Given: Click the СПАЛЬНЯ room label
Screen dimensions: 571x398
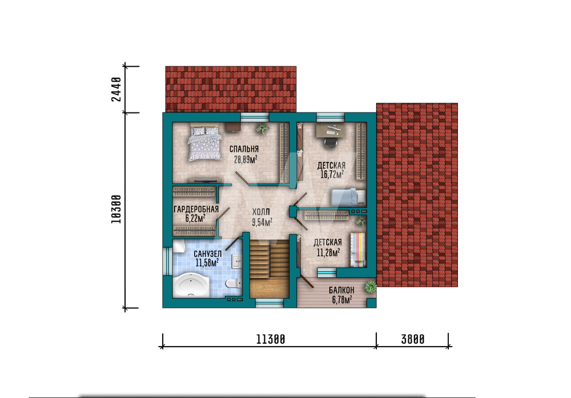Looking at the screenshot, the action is pyautogui.click(x=244, y=149).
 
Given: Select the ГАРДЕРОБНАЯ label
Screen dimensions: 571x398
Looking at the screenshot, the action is pyautogui.click(x=196, y=209).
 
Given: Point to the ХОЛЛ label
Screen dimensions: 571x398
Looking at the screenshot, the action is pyautogui.click(x=261, y=212).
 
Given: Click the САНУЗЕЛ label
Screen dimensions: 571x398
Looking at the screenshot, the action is pyautogui.click(x=208, y=254).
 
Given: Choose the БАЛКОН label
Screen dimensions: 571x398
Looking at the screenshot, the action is pyautogui.click(x=341, y=290).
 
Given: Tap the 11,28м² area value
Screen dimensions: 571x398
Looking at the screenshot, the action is pyautogui.click(x=328, y=252).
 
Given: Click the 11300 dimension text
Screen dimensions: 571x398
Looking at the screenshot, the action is pyautogui.click(x=271, y=339).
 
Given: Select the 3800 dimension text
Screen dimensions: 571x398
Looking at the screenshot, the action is pyautogui.click(x=413, y=339).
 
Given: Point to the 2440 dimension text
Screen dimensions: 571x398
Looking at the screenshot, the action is pyautogui.click(x=116, y=90).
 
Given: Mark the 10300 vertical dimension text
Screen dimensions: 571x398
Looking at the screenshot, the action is pyautogui.click(x=116, y=210).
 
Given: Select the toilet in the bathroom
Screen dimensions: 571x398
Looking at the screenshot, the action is pyautogui.click(x=233, y=283).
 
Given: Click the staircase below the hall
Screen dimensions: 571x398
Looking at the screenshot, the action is pyautogui.click(x=270, y=270).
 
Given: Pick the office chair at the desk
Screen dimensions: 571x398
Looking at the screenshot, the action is pyautogui.click(x=330, y=142).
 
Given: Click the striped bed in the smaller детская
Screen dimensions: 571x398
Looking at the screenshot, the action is pyautogui.click(x=358, y=250).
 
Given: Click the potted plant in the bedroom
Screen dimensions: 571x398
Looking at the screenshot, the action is pyautogui.click(x=262, y=128).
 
